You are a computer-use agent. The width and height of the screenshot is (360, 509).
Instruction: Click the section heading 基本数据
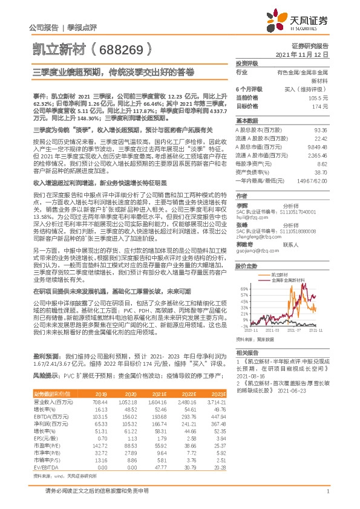[244, 121]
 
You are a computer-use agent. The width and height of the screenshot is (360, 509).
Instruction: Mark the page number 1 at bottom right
[327, 498]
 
